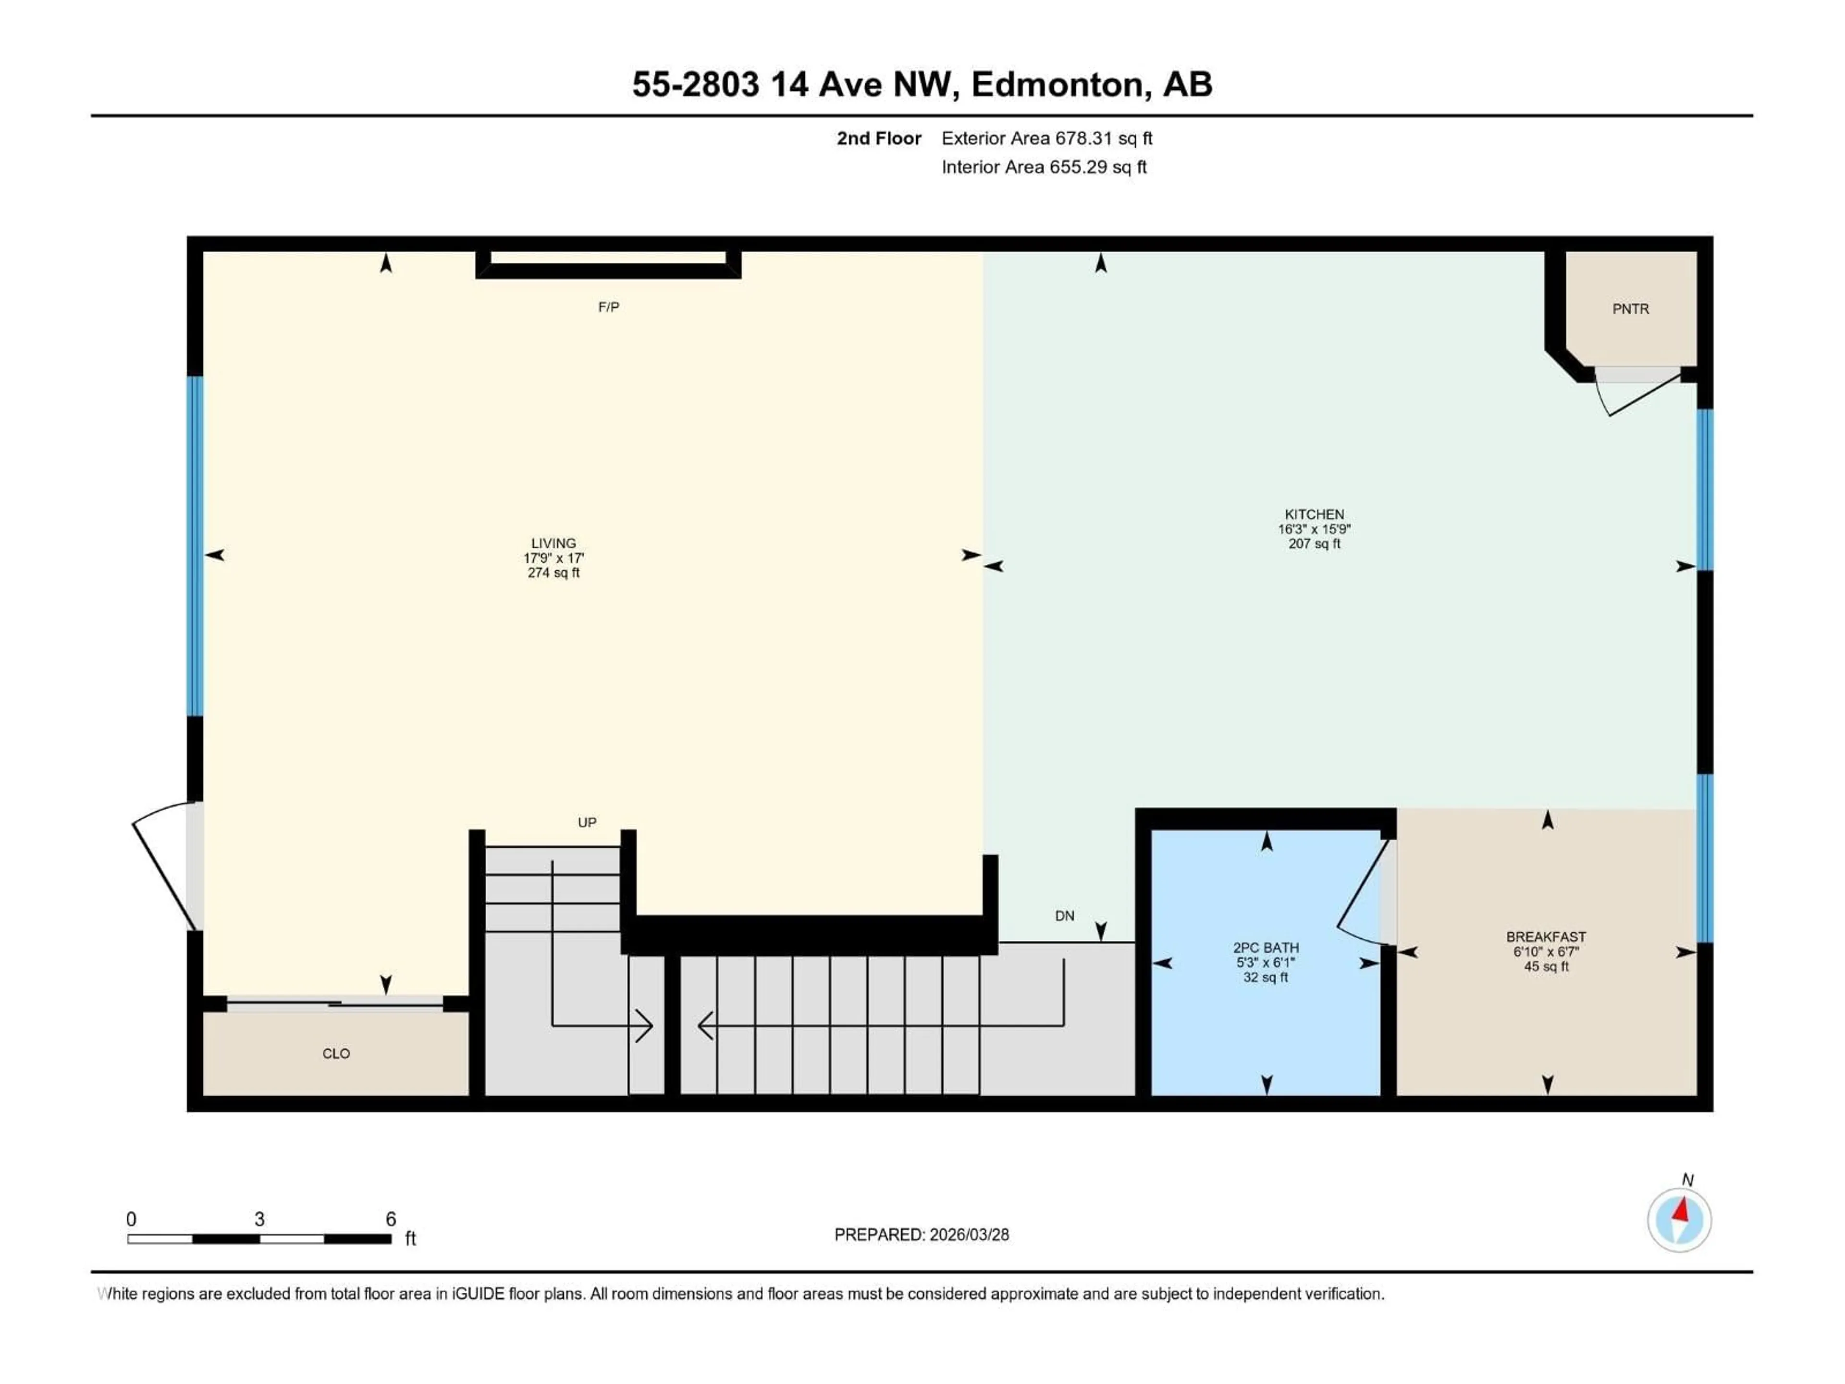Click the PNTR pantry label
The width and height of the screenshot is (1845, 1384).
click(x=1630, y=309)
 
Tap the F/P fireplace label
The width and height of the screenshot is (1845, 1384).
click(x=608, y=307)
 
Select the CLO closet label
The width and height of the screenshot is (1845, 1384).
click(x=336, y=1054)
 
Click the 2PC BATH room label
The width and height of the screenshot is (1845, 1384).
click(x=1265, y=948)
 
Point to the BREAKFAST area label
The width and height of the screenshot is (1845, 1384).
click(x=1546, y=937)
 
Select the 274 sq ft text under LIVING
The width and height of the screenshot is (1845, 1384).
click(x=553, y=573)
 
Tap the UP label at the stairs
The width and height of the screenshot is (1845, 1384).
click(x=586, y=823)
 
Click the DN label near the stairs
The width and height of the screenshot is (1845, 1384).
click(x=1064, y=916)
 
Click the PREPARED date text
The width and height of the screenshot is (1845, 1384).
click(x=921, y=1235)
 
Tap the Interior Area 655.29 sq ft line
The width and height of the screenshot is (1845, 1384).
click(x=1044, y=167)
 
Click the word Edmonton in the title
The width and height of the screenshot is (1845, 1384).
click(x=1057, y=84)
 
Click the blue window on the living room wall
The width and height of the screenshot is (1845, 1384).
click(x=194, y=546)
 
